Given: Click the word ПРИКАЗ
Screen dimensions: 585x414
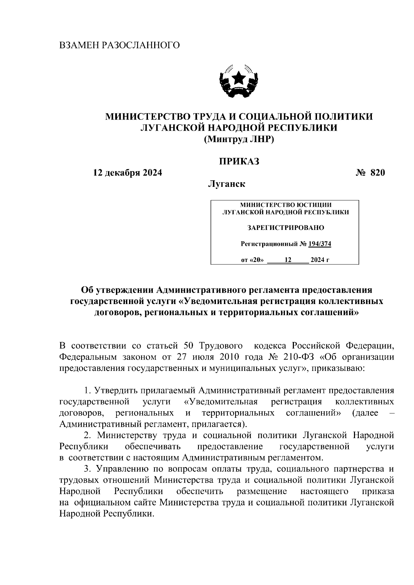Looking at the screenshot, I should point(239,161).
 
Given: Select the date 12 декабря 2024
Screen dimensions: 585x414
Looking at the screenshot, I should point(128,173).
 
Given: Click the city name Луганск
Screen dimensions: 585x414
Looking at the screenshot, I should point(226,184).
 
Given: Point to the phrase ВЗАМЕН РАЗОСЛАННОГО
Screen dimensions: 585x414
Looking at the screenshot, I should point(120,45).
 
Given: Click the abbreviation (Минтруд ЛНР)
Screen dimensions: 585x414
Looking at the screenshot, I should point(239,139).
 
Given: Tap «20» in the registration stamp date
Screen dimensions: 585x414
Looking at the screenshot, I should point(256,260).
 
